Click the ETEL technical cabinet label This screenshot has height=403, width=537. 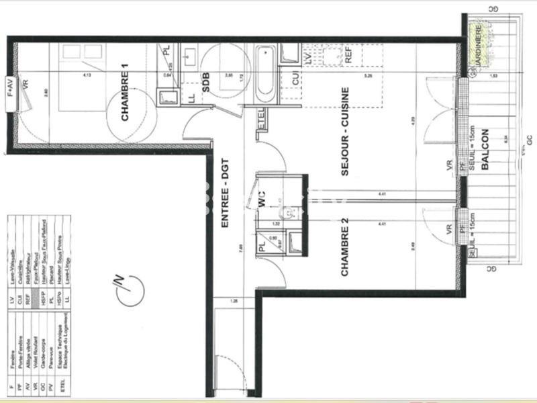click(262, 122)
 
